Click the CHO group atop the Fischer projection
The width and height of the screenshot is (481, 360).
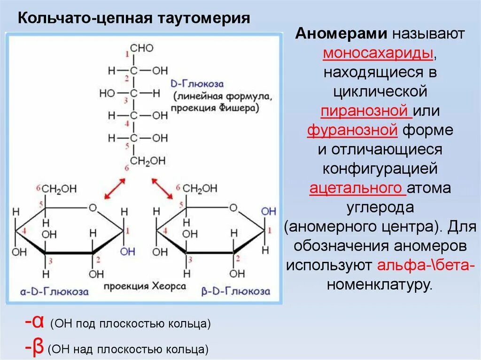141,48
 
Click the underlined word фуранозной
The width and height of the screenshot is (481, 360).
353,130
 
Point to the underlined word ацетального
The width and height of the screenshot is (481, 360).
357,188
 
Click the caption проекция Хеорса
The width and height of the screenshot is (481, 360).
145,286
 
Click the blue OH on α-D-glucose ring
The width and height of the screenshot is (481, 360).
127,252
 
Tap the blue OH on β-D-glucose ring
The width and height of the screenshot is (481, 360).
268,211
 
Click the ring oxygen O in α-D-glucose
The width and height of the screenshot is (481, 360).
93,207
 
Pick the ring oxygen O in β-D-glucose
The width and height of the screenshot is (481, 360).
234,207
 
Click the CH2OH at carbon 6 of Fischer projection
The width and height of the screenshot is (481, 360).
147,161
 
